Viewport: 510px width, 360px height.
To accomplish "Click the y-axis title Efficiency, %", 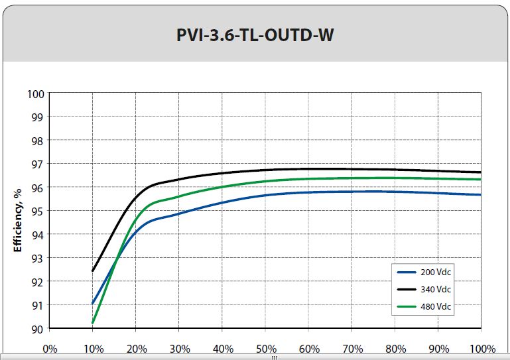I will point(18,210).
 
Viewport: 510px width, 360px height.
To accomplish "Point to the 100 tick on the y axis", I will point(36,93).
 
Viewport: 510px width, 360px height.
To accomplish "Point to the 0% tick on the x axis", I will point(50,349).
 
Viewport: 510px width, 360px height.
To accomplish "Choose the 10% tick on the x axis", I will point(93,349).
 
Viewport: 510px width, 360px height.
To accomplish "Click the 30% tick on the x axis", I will point(179,349).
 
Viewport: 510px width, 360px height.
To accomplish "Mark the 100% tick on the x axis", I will point(482,349).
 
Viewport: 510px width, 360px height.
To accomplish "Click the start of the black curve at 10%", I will point(93,270).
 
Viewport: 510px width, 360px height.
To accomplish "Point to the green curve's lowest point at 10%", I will point(93,323).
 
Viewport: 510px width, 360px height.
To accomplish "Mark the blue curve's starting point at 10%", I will point(93,304).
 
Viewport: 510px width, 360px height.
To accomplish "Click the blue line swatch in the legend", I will point(406,272).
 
